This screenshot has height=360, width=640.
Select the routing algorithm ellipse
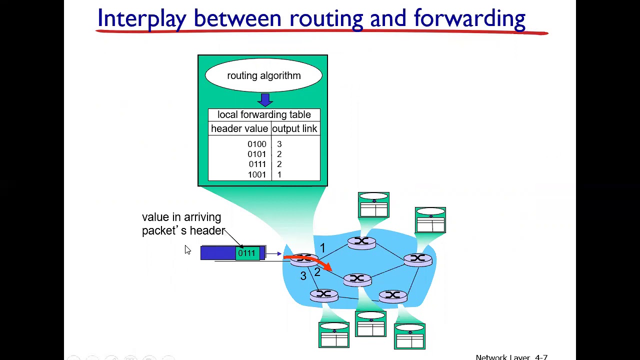(263, 75)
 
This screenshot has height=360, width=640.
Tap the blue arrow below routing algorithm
(265, 99)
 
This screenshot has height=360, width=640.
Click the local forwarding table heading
(264, 114)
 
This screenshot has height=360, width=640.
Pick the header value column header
(239, 128)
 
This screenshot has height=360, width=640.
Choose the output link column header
(294, 128)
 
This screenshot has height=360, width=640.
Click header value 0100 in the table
(257, 144)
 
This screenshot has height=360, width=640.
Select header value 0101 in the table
(257, 154)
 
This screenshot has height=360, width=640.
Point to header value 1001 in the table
(257, 174)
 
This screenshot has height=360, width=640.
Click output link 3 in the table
(279, 144)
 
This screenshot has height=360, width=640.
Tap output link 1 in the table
(279, 174)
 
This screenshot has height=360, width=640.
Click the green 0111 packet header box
(246, 253)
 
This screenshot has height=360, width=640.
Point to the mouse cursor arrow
(187, 250)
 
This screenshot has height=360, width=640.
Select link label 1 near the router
(322, 247)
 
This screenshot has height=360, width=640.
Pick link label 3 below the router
(303, 275)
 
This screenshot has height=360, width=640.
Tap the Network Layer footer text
(505, 357)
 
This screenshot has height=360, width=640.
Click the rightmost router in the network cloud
(418, 259)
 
